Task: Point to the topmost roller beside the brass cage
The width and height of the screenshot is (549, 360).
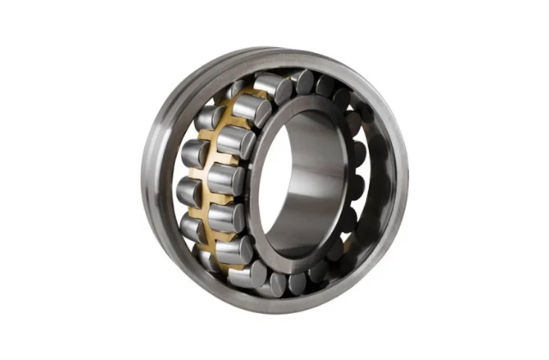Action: point(273,87)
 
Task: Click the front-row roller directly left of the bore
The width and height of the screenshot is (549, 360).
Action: point(228,179)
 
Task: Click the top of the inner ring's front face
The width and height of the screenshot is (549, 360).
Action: point(300,104)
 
